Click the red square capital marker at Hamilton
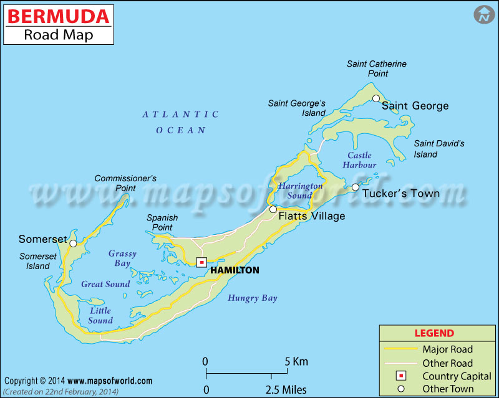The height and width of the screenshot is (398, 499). click(201, 262)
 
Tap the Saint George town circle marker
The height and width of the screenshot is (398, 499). click(376, 98)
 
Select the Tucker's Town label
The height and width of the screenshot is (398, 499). click(401, 193)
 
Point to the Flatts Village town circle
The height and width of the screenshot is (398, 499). click(273, 209)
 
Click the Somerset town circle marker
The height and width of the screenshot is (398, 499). click(73, 244)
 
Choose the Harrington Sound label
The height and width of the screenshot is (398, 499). click(300, 191)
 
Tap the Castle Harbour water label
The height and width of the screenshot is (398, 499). click(359, 160)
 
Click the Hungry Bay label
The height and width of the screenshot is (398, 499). click(252, 298)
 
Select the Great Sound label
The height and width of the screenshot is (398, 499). click(105, 284)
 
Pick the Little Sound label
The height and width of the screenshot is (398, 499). click(100, 316)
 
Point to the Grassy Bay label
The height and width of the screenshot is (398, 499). click(122, 258)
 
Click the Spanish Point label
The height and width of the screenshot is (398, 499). click(162, 222)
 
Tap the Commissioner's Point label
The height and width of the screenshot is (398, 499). click(125, 183)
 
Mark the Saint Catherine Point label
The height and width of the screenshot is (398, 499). click(377, 69)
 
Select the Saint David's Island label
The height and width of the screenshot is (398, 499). click(439, 149)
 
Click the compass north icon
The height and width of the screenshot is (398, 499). click(483, 15)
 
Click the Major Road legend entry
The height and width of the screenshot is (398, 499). click(447, 349)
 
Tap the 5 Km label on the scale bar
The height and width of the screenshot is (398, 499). click(296, 361)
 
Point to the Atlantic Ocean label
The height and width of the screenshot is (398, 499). click(180, 122)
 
